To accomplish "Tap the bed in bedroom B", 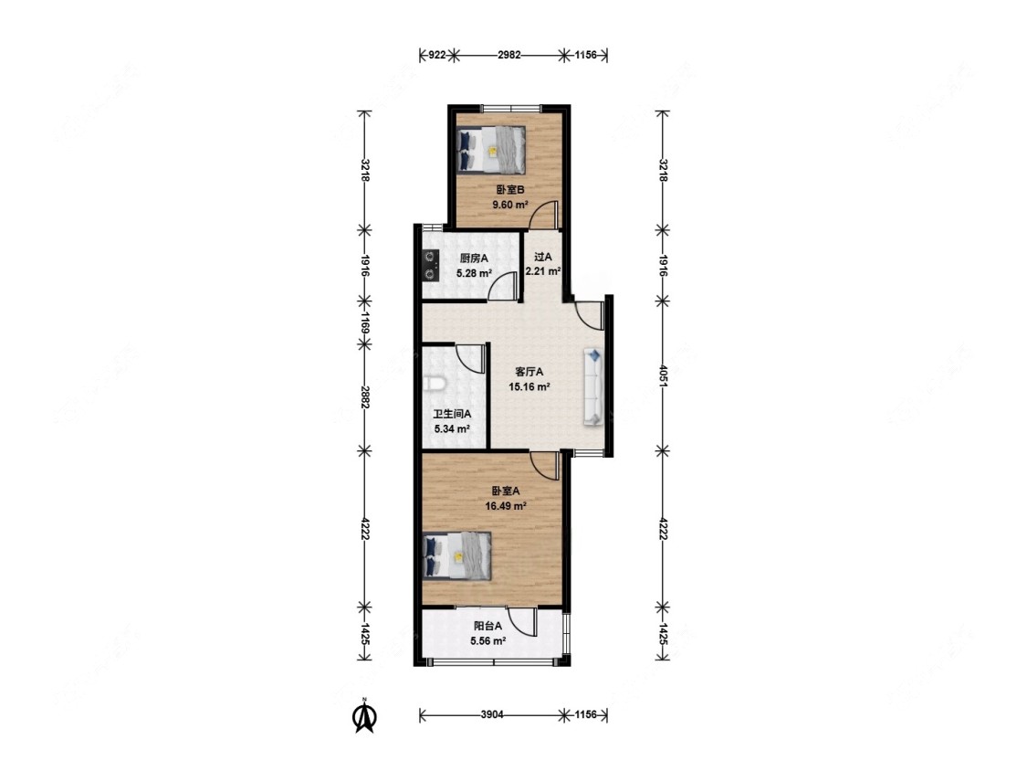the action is [491, 149].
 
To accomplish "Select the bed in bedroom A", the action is [457, 555].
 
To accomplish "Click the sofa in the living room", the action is [593, 386].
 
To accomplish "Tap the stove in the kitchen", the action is [430, 266].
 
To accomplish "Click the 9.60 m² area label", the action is [510, 205].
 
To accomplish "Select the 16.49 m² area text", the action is [506, 506].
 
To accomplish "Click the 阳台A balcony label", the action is [488, 626].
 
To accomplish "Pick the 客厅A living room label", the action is [529, 372].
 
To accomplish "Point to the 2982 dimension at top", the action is [508, 55].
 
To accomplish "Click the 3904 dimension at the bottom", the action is [492, 714].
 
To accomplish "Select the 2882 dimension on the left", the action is [365, 396].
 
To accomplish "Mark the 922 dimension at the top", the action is [437, 55].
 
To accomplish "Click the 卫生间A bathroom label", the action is [452, 415].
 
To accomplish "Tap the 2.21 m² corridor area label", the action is [543, 270].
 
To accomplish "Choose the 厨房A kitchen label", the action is [474, 259].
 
